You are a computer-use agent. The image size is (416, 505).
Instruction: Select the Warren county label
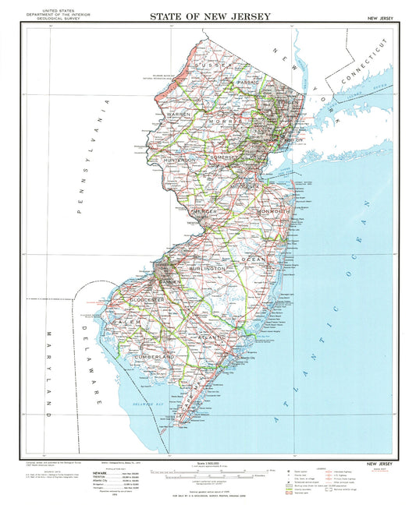[x=179, y=115]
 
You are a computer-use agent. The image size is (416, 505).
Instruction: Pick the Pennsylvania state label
[x=87, y=156]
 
